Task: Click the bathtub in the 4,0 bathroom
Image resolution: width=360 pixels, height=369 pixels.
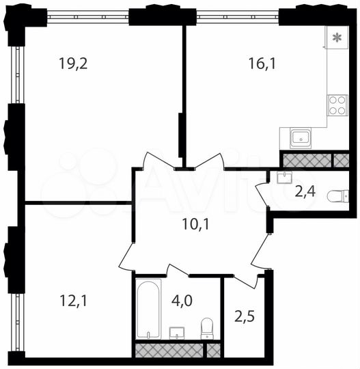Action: tap(147, 309)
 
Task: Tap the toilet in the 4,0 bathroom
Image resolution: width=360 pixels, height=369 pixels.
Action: tap(207, 329)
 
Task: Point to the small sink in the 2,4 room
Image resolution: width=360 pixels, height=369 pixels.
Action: tap(284, 177)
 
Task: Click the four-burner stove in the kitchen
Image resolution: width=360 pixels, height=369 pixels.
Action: tap(337, 105)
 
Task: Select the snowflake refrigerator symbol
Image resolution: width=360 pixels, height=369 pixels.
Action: tap(336, 38)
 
